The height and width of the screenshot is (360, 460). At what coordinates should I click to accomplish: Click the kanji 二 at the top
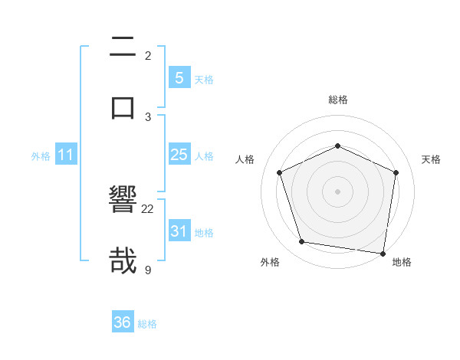click(123, 47)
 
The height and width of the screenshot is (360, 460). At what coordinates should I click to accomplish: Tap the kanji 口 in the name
click(123, 106)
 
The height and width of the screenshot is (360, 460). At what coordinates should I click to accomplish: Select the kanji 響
click(123, 200)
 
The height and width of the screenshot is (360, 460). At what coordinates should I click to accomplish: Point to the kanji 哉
click(123, 260)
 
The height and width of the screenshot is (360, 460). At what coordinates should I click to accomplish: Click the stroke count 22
click(148, 208)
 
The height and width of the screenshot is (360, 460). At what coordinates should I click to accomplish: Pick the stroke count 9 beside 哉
click(148, 269)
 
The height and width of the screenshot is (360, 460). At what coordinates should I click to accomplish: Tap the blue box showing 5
click(179, 77)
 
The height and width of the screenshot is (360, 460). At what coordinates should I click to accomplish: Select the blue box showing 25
click(179, 155)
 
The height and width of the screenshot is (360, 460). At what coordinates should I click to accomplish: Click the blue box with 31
click(179, 231)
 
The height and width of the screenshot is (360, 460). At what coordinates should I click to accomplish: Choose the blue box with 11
click(66, 155)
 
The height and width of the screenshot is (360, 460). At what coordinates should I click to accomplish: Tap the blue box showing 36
click(122, 322)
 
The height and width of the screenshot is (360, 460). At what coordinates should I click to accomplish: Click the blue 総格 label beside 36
click(147, 324)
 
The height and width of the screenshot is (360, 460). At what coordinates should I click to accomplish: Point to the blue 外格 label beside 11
click(41, 156)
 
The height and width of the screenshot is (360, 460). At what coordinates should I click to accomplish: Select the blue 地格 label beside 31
click(204, 232)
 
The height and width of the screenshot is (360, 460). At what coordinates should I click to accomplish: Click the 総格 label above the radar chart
click(338, 100)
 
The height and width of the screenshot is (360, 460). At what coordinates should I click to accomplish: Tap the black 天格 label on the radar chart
click(432, 159)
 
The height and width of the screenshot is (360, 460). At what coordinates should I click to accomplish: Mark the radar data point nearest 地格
click(383, 253)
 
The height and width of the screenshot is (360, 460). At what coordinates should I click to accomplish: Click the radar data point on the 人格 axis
click(280, 172)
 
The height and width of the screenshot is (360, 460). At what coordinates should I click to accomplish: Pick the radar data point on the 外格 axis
click(302, 242)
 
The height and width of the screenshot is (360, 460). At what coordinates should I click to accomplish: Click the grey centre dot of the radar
click(338, 191)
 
